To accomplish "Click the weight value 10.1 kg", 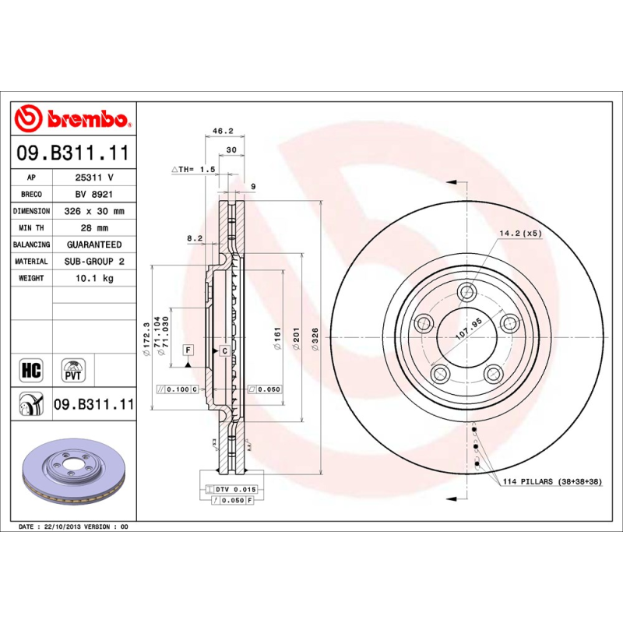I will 94,278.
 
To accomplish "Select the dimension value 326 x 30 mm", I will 94,211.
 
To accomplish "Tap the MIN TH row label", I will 32,227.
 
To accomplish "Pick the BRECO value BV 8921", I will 94,194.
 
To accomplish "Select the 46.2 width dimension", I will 224,132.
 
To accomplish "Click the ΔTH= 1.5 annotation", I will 193,169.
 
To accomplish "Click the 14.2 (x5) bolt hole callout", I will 519,232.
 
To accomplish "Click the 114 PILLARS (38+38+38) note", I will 551,483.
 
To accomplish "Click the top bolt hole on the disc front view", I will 466,293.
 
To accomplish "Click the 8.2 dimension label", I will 195,238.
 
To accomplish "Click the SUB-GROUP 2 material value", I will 94,262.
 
